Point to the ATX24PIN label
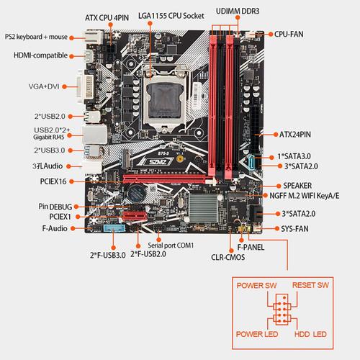coord(295,134)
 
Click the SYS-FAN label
coord(294,229)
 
